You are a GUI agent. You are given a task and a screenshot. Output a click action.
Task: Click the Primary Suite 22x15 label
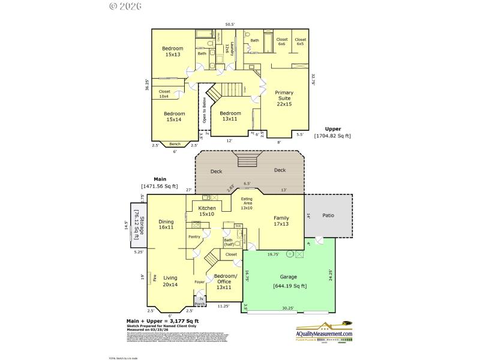[x=284, y=98]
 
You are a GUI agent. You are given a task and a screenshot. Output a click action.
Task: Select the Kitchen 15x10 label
[x=207, y=211]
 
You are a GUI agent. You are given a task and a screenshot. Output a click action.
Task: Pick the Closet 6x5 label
[x=300, y=41]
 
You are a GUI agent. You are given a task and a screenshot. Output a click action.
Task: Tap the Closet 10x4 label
[x=164, y=94]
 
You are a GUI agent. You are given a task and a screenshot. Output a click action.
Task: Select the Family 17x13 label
[x=281, y=221]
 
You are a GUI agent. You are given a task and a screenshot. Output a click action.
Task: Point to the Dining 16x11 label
[x=166, y=224]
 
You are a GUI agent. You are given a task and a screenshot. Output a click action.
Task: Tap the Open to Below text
[x=204, y=111]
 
